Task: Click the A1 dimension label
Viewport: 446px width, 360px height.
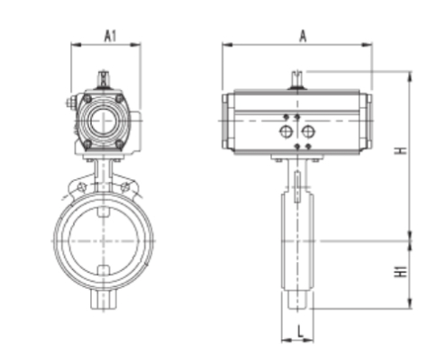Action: [109, 35]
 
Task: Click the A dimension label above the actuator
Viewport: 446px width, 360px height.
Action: [304, 35]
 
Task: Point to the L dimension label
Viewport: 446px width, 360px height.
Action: [298, 331]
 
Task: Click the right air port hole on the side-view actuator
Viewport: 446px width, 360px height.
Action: [308, 132]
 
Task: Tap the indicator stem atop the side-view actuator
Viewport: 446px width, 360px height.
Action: [296, 78]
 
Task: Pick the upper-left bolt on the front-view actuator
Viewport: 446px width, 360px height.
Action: [87, 97]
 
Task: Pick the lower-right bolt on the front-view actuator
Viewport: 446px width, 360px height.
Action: [123, 141]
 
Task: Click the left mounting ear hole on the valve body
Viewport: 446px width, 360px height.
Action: [81, 188]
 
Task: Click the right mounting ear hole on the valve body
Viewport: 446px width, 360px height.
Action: [127, 188]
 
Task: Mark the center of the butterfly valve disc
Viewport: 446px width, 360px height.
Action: [105, 240]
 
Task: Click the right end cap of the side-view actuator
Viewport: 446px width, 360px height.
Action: [366, 121]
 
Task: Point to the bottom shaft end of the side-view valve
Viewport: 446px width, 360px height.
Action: [298, 301]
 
